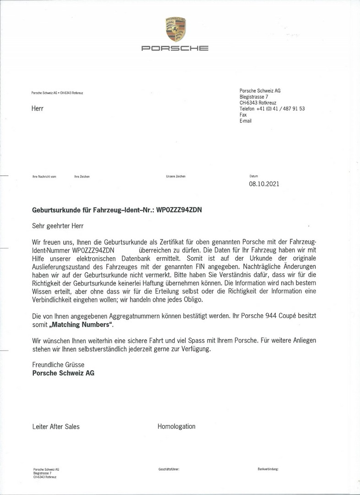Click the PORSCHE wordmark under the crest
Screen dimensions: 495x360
175,48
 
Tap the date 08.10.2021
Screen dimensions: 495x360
264,184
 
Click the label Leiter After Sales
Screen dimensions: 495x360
56,427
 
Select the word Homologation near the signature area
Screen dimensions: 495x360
176,426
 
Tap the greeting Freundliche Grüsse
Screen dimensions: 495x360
58,364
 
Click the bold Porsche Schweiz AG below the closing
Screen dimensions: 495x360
64,373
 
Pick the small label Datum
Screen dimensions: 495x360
254,176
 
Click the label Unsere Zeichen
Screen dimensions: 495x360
176,176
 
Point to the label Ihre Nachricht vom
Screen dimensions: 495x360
44,176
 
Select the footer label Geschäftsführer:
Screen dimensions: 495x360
169,470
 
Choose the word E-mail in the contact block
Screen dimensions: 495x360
245,121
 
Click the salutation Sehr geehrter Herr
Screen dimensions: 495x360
59,225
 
